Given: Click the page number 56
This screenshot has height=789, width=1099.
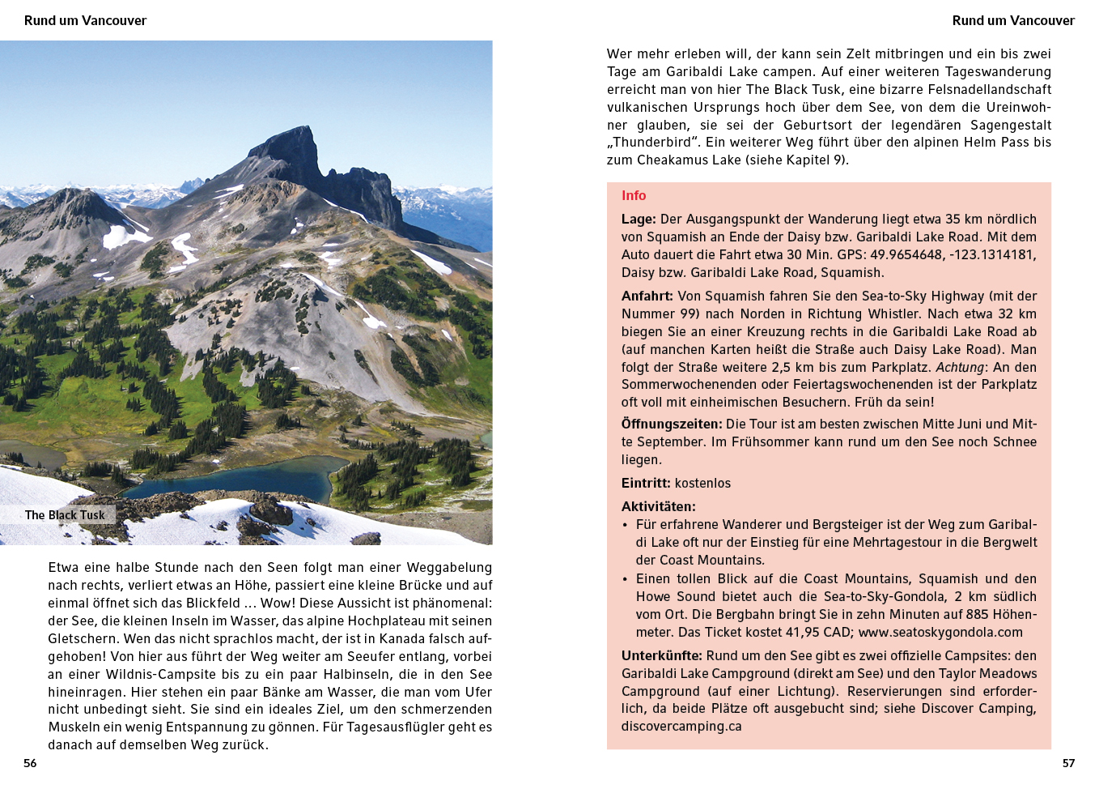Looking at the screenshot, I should point(30,763).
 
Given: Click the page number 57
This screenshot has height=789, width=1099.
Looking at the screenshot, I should point(1068,763).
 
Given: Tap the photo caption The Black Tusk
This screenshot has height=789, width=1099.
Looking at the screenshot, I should point(65,515).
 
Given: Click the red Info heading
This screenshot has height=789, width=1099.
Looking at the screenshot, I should point(634,195).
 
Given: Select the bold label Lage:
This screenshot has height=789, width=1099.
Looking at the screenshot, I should point(639,220).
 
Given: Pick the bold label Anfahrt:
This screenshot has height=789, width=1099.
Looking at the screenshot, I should point(647,296).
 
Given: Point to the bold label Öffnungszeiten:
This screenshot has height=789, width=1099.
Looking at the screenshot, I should point(671,424).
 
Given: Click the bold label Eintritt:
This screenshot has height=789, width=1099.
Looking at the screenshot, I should point(646,484).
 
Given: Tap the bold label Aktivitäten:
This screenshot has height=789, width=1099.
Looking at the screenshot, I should point(658,507).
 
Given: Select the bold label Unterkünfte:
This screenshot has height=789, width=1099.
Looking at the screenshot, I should point(661,656).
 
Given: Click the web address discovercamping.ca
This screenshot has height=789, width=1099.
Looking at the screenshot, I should point(681,727).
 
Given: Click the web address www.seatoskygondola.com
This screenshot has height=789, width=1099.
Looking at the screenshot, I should point(940,633).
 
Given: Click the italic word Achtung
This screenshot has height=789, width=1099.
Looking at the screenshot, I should point(960,368).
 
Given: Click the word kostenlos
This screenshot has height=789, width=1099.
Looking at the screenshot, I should point(702,484).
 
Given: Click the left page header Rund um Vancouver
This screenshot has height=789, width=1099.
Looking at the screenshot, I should point(85,20).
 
